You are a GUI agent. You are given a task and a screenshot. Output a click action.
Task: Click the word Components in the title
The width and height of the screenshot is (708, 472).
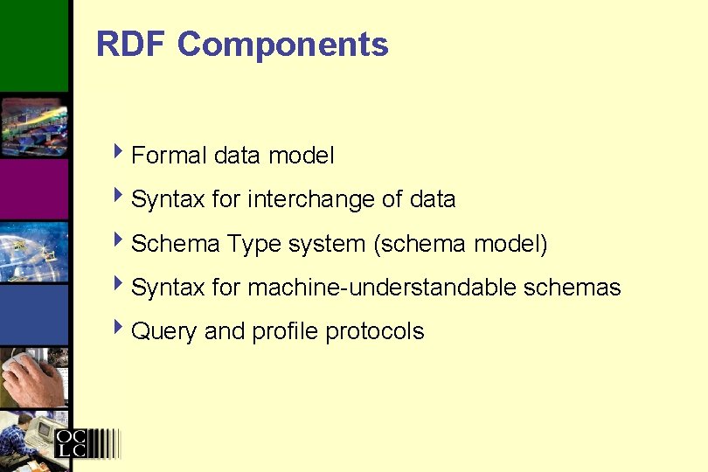(x=282, y=44)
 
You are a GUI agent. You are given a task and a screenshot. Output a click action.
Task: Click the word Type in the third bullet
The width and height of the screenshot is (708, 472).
(x=254, y=245)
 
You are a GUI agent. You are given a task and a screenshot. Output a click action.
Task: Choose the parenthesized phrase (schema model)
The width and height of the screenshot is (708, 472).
(x=461, y=244)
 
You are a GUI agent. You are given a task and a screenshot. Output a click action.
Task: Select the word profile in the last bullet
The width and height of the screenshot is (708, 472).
(x=286, y=331)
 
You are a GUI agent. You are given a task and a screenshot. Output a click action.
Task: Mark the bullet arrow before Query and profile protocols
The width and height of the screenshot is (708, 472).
(x=121, y=330)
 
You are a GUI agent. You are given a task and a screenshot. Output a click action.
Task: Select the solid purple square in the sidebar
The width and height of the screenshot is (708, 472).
(x=33, y=189)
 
